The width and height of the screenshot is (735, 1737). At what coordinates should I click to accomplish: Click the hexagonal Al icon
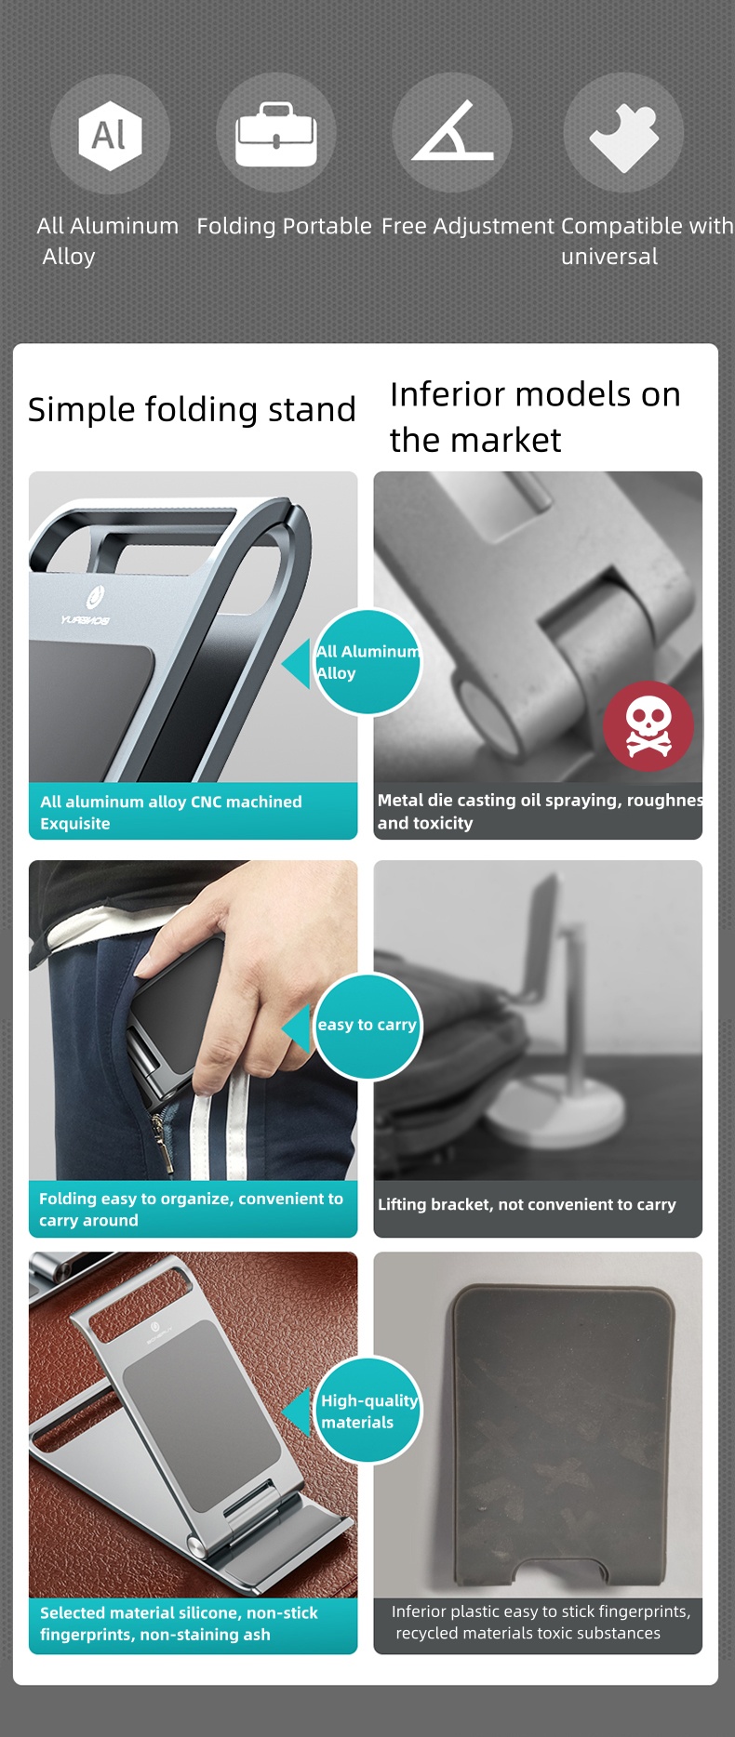pos(110,135)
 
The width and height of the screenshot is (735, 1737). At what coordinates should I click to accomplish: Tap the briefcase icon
pos(276,135)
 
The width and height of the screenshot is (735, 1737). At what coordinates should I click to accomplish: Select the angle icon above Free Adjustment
pos(452,133)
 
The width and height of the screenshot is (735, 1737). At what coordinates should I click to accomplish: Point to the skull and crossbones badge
pos(648,726)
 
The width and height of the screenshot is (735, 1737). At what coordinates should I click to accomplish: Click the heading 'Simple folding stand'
pos(192,409)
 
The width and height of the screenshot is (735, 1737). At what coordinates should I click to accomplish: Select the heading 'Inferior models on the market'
pos(535,417)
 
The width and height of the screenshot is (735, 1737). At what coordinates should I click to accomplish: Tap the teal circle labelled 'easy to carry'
pos(367,1026)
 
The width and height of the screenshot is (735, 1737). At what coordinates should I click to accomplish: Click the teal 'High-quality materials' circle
pos(368,1411)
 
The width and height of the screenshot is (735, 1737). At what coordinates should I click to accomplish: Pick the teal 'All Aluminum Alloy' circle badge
pos(367,662)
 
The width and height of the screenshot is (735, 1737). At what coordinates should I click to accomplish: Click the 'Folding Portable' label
pos(284,226)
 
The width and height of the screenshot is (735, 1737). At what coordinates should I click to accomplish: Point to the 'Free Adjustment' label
pos(468,226)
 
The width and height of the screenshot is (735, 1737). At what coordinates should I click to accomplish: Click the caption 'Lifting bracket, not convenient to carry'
pos(527,1204)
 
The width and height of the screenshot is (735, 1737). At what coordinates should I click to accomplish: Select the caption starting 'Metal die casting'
pos(538,811)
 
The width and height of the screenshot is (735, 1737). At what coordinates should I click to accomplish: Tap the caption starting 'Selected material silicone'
pos(179,1624)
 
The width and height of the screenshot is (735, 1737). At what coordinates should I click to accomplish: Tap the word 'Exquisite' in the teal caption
pos(75,824)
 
